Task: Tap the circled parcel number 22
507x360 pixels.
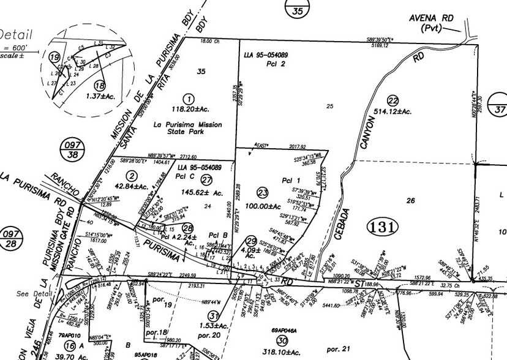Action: pos(392,100)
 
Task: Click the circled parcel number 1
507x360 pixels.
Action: pos(189,99)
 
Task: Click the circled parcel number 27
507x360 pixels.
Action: pos(206,179)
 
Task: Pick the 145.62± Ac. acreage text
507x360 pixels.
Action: pos(202,193)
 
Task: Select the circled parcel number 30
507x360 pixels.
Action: pos(281,340)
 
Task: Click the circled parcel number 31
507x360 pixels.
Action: pos(213,315)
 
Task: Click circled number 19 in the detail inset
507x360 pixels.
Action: pos(54,58)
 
